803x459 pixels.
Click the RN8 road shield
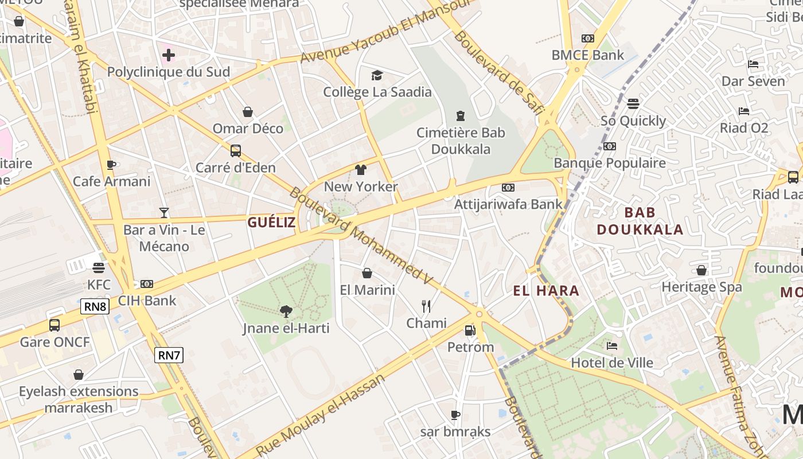tap(95, 306)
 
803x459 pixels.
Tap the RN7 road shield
tap(169, 355)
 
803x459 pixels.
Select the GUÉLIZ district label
tap(271, 222)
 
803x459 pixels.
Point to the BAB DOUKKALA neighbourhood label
tap(640, 221)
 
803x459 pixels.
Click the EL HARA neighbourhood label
tap(546, 291)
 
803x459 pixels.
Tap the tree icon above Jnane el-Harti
tap(286, 312)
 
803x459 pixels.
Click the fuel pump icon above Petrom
tap(470, 330)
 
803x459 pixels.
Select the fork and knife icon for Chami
tap(426, 306)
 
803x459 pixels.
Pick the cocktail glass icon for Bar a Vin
tap(164, 213)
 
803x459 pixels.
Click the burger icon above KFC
tap(99, 267)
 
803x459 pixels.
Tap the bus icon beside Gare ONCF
tap(54, 325)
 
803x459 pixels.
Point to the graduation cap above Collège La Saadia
tap(377, 75)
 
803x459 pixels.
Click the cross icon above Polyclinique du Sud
tap(169, 55)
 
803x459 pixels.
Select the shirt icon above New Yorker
tap(361, 170)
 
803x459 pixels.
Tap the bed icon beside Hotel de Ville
tap(612, 346)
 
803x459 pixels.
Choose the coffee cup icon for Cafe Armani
tap(111, 165)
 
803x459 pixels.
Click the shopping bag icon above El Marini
tap(367, 273)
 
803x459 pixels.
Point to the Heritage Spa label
tap(701, 287)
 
